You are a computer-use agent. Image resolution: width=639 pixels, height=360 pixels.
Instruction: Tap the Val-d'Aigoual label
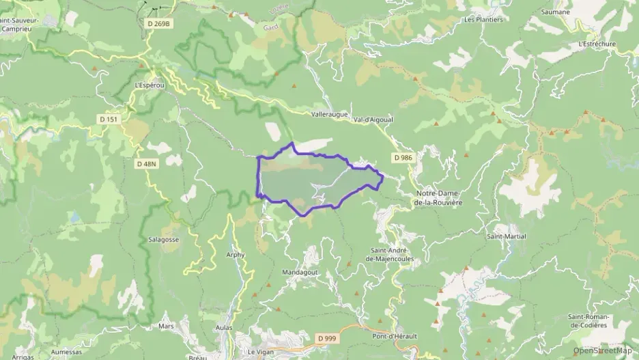coord(373,120)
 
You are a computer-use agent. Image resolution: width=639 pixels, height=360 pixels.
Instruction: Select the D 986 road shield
coord(403,158)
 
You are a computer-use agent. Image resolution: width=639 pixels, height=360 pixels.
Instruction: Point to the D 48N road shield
coord(146,164)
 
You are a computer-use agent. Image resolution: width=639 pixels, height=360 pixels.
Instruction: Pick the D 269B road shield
coord(158,24)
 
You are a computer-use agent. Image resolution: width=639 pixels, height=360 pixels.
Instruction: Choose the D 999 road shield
coord(327,338)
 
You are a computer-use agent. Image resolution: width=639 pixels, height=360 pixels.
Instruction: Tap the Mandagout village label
coord(299,272)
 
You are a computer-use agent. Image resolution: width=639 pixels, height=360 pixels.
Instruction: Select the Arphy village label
coord(235,255)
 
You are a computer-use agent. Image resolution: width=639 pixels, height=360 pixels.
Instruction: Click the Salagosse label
coord(163,240)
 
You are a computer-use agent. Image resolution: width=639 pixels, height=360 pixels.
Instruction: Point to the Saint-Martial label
coord(506,236)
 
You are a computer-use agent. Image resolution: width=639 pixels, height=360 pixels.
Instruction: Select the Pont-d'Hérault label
coord(395,336)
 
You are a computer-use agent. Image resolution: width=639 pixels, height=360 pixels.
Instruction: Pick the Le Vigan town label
coord(260,352)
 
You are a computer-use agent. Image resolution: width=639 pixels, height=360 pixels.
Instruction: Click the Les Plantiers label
coord(483,20)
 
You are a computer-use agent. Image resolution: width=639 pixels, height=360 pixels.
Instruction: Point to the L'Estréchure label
coord(596,44)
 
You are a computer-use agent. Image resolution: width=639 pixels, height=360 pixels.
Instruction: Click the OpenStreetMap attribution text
coord(602,350)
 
